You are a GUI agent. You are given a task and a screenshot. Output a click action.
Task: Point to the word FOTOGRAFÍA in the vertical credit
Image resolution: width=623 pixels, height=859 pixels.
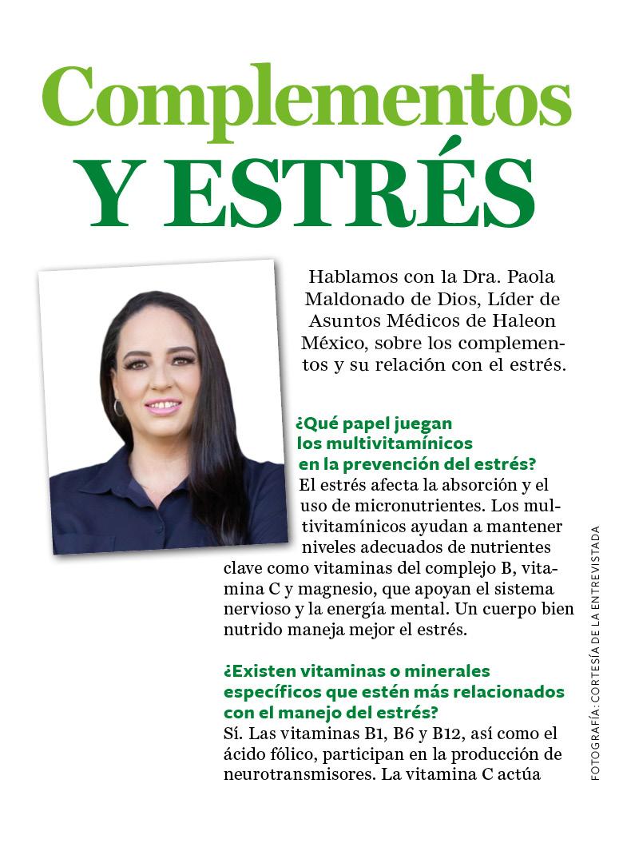595,744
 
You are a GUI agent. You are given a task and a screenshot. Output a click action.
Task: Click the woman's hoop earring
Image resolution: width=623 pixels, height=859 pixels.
119,408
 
